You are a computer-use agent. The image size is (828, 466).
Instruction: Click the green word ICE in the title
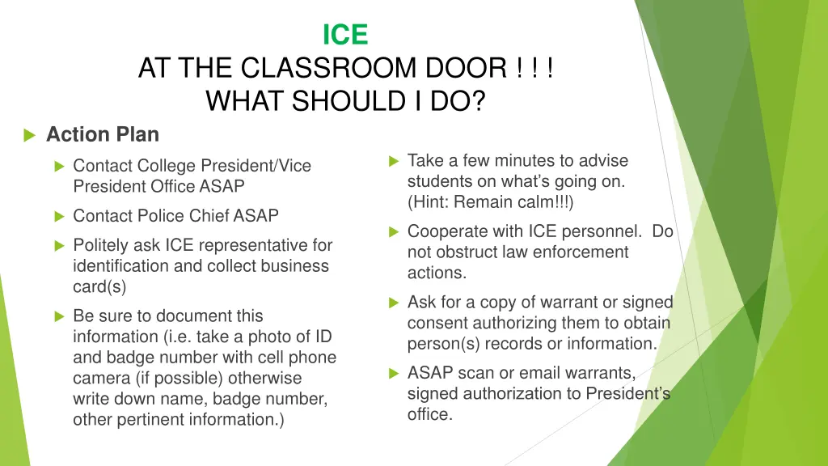coord(345,35)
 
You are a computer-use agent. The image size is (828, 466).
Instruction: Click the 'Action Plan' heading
coord(103,134)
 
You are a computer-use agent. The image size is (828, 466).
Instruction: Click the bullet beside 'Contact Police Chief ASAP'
coord(58,217)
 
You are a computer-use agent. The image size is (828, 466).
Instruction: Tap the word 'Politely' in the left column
coord(101,245)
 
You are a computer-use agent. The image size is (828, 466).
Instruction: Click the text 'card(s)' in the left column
coord(99,286)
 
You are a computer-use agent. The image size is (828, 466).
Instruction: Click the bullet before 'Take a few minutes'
coord(394,161)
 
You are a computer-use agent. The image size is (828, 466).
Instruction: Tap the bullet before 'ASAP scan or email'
coord(394,374)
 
